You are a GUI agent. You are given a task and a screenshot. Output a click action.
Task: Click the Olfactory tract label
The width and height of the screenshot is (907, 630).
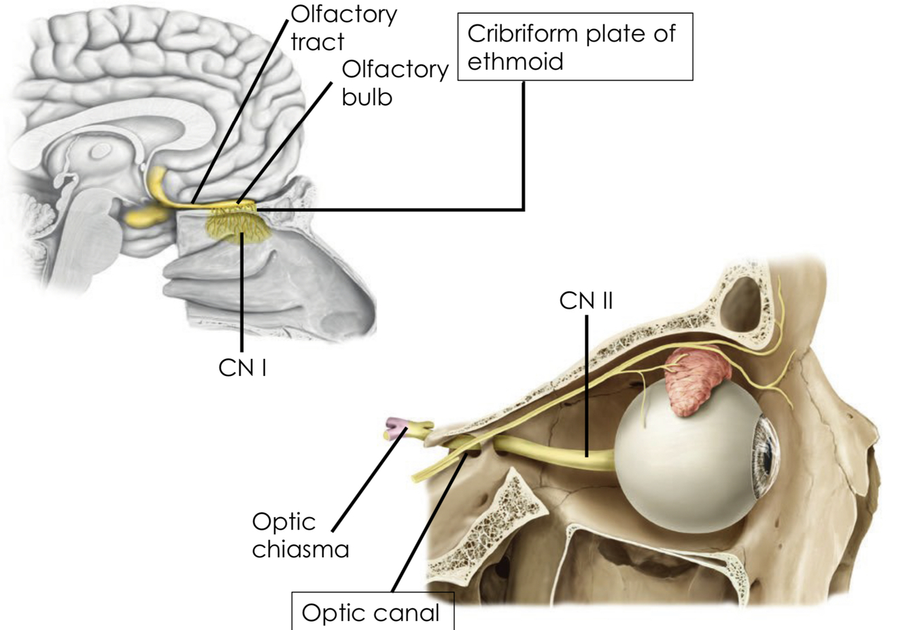343,28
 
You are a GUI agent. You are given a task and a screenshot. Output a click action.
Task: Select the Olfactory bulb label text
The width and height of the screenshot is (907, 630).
394,83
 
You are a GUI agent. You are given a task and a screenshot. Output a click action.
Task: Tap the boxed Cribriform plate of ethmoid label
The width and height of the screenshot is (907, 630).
575,47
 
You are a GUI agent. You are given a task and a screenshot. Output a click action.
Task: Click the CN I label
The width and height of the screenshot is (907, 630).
242,368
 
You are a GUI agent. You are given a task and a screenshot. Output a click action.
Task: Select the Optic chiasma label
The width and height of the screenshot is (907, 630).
300,535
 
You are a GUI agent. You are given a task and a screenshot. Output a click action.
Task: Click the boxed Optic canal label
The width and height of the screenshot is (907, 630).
371,612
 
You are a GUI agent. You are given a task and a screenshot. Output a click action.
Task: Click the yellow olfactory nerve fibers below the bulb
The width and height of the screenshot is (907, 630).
241,224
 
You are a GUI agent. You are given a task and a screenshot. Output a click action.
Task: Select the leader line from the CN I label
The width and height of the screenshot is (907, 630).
243,292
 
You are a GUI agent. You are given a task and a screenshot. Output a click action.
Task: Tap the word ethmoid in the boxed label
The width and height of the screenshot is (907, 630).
515,62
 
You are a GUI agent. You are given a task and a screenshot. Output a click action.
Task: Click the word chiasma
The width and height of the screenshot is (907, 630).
300,549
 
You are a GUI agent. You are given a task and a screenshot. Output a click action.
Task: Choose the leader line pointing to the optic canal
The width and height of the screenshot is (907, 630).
428,523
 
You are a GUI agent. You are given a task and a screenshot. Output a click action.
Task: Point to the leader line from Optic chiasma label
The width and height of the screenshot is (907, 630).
367,483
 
